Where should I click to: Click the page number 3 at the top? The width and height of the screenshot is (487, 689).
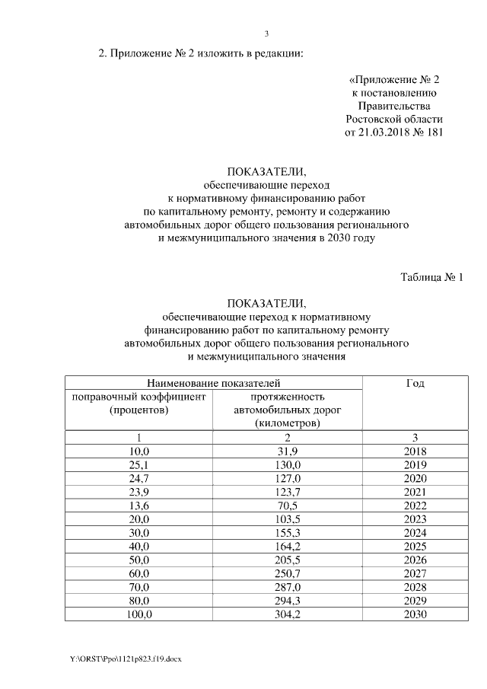(266, 33)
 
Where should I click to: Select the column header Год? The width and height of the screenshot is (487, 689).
(415, 383)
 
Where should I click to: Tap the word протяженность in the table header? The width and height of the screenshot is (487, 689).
(288, 397)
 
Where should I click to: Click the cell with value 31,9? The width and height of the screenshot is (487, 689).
(288, 451)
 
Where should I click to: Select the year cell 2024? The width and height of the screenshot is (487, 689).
(415, 532)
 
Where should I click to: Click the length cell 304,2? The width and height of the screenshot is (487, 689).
(288, 614)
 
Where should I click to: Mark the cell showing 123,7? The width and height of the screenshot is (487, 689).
(288, 492)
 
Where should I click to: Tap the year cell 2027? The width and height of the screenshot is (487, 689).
(415, 573)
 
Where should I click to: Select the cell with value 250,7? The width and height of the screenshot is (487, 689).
(288, 573)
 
